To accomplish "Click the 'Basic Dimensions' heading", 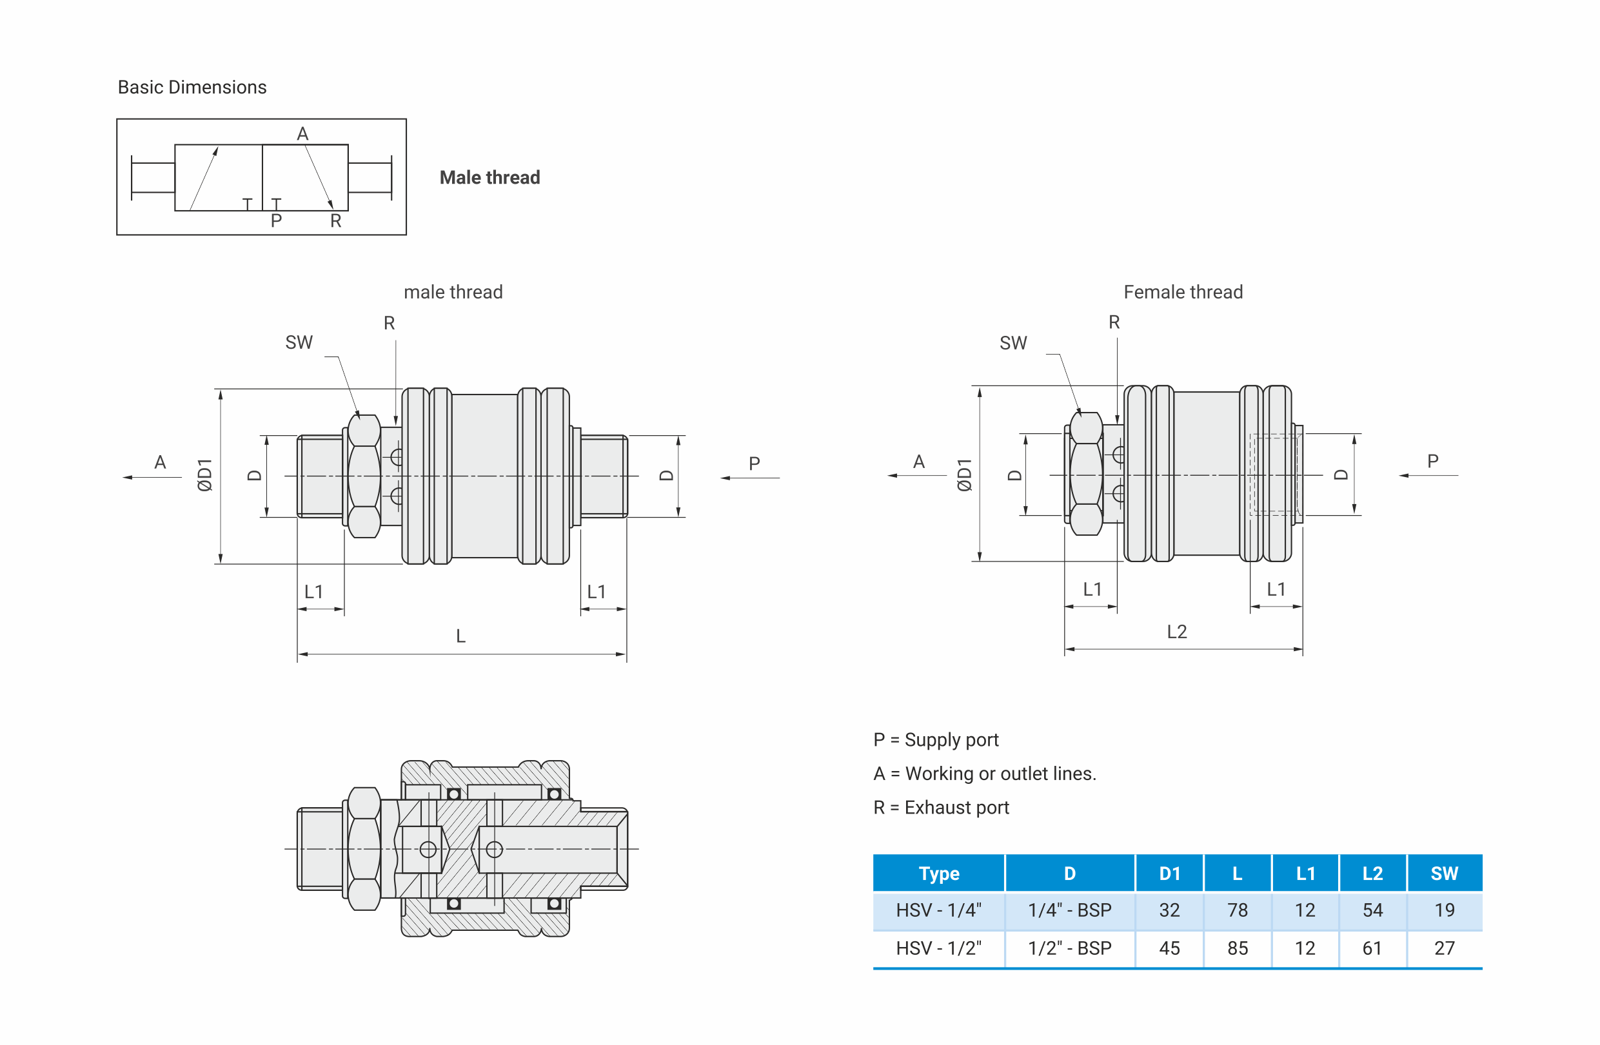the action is (192, 88).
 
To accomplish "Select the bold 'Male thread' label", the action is (490, 177).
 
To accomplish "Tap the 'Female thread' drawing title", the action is (1183, 291).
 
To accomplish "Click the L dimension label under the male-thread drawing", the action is (460, 636).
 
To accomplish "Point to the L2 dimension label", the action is (1176, 632).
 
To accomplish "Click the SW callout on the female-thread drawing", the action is (1013, 344).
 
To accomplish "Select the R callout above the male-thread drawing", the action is (390, 323).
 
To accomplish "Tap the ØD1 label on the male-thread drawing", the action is (205, 475).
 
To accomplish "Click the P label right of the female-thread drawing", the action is (1432, 461).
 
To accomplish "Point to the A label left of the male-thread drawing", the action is (160, 462).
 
